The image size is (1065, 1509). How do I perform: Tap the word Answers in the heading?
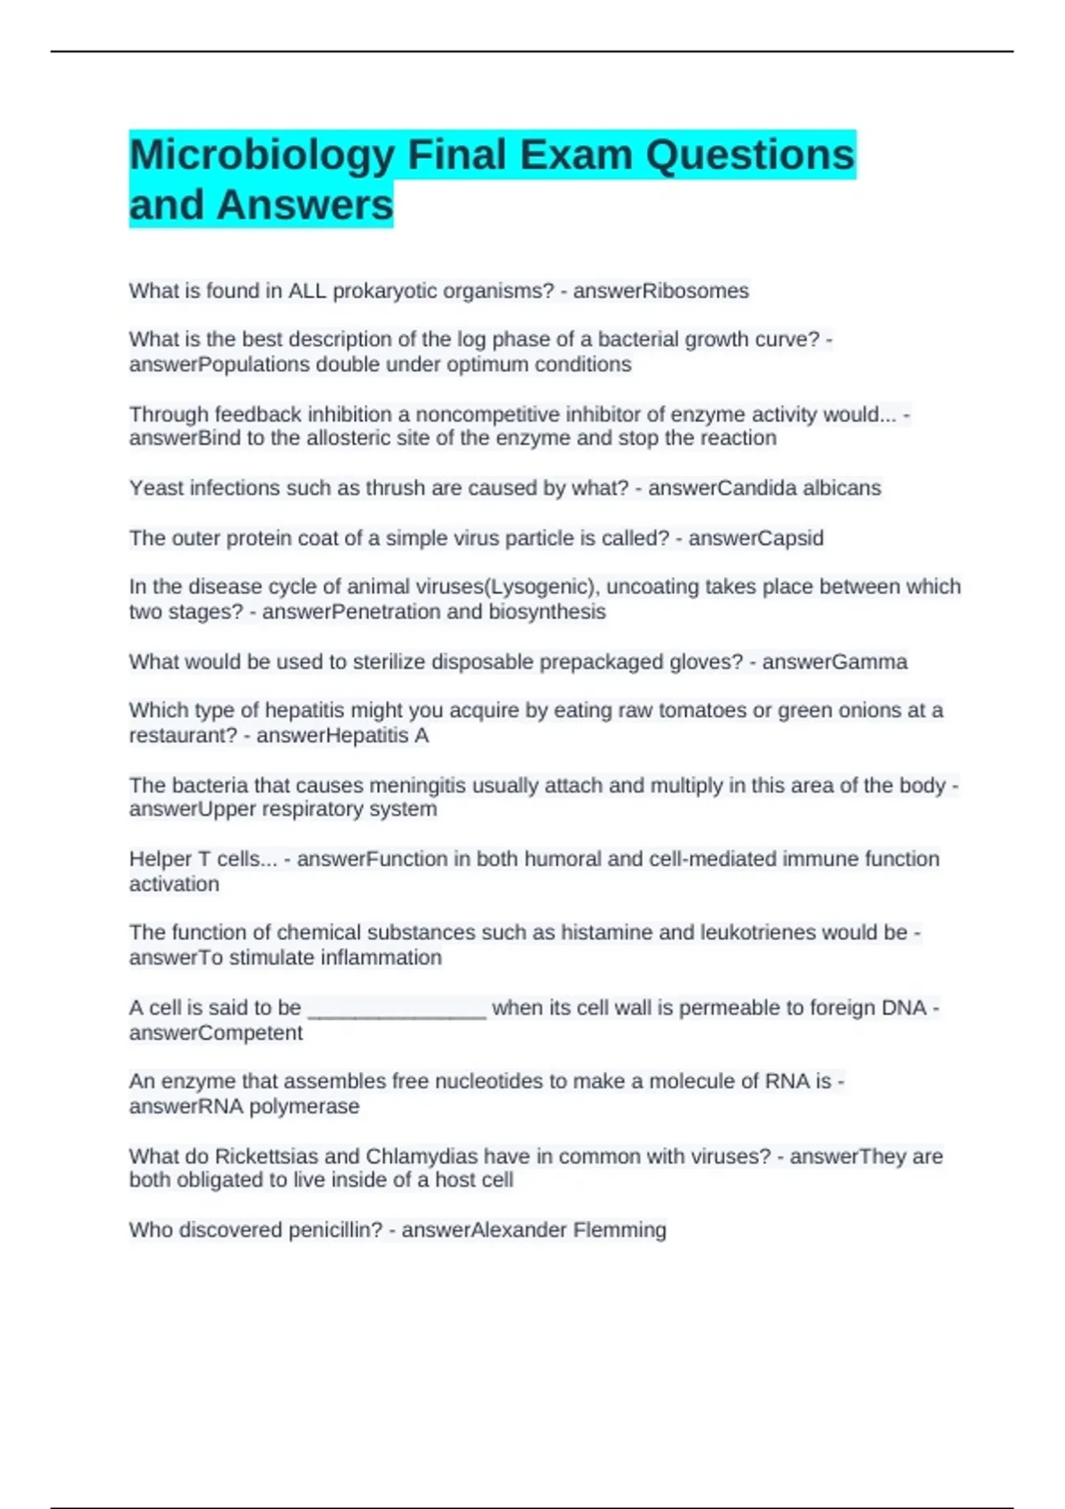coord(304,205)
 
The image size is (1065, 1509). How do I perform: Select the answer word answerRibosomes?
coord(660,291)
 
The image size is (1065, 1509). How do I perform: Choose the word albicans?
coord(841,488)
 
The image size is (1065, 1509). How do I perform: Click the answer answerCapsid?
coord(755,539)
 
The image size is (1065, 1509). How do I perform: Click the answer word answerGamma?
coord(834,662)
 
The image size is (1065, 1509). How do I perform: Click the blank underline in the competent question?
coord(396,1010)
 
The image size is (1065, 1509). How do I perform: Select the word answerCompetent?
coord(216,1033)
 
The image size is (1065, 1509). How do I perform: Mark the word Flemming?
coord(619,1230)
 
